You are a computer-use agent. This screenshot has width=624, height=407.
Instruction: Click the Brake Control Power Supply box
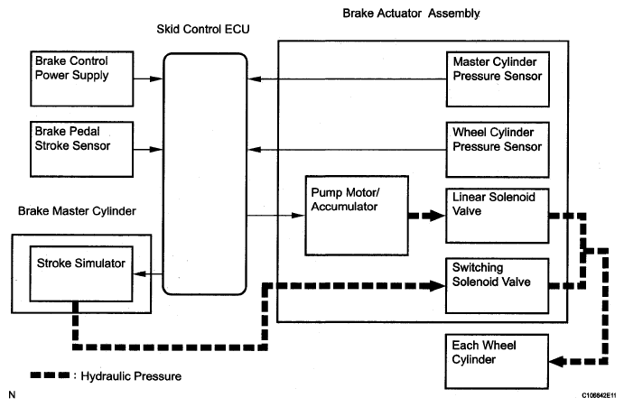[x=81, y=79]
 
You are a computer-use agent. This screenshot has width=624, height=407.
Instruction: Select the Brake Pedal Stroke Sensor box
[x=81, y=149]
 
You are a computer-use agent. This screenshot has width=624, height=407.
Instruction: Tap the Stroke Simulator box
[x=81, y=273]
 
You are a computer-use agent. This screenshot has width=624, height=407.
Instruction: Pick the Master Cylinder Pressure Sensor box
[x=498, y=79]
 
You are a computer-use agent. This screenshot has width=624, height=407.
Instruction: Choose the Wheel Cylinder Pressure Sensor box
[x=498, y=150]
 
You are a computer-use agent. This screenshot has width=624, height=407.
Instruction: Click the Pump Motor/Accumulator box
[x=357, y=216]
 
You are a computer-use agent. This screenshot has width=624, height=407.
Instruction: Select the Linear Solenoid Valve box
[x=498, y=216]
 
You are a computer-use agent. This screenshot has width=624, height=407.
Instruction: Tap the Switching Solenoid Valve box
[x=497, y=286]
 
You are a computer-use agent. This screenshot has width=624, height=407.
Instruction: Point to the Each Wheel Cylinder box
[x=497, y=361]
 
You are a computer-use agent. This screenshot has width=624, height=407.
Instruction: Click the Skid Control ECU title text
[x=203, y=29]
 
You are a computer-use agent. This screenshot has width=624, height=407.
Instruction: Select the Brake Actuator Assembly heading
[x=411, y=14]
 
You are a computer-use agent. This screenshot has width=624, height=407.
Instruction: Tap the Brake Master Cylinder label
[x=77, y=211]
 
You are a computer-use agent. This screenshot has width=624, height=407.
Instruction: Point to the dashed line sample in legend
[x=50, y=375]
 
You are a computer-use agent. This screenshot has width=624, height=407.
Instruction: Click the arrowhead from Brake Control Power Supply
[x=156, y=79]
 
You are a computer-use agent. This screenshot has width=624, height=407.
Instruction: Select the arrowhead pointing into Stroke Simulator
[x=139, y=273]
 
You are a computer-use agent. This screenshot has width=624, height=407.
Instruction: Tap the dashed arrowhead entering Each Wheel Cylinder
[x=556, y=361]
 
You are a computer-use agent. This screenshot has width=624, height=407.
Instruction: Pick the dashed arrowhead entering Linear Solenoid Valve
[x=437, y=216]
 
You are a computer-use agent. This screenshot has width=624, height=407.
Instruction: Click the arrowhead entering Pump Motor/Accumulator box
[x=299, y=216]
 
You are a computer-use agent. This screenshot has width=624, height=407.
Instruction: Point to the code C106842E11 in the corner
[x=599, y=395]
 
